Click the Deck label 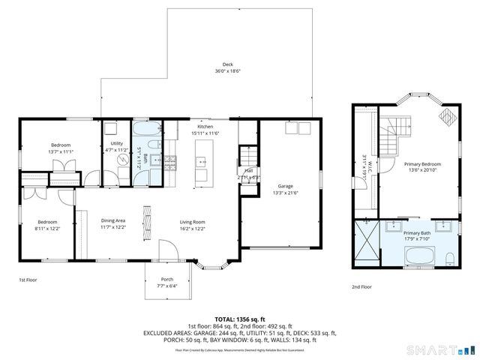pyautogui.click(x=227, y=64)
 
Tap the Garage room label pyautogui.click(x=284, y=186)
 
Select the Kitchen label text pyautogui.click(x=205, y=127)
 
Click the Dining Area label pyautogui.click(x=112, y=220)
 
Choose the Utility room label pyautogui.click(x=117, y=143)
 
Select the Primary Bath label pyautogui.click(x=417, y=233)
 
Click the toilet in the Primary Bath pyautogui.click(x=448, y=259)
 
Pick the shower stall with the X pyautogui.click(x=365, y=244)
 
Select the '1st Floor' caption pyautogui.click(x=28, y=280)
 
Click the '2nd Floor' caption pyautogui.click(x=361, y=286)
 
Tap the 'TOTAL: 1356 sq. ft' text pyautogui.click(x=240, y=318)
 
